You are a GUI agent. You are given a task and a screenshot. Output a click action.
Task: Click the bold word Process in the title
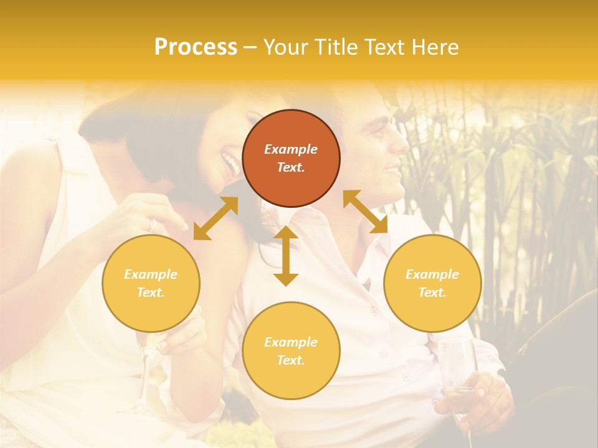coord(196,47)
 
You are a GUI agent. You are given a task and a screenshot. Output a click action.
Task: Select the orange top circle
coord(291,158)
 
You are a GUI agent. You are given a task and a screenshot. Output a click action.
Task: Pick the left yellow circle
coord(151,283)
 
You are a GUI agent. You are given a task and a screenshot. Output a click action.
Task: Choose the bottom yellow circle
coord(291,351)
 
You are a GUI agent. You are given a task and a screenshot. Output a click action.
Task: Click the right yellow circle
coord(432,283)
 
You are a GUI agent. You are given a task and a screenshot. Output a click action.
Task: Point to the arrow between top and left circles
coord(216,218)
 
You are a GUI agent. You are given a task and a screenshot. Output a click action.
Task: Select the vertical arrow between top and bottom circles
coord(286,256)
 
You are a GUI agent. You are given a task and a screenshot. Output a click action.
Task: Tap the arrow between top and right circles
coord(365,212)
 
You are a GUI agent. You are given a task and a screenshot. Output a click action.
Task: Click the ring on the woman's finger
coord(152,225)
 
